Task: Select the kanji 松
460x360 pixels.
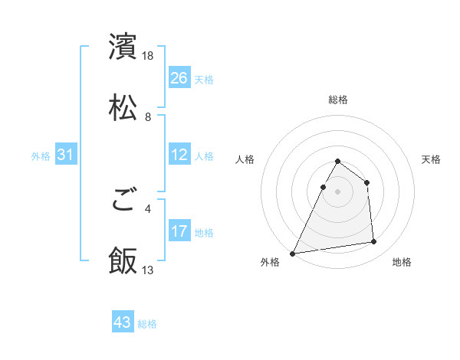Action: click(123, 108)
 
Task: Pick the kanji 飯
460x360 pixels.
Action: click(123, 261)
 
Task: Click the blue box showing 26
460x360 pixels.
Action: click(179, 77)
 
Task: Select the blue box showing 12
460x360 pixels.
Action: click(179, 155)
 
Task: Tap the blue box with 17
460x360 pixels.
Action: click(179, 231)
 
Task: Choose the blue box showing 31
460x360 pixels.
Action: click(65, 155)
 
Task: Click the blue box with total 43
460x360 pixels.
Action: click(123, 322)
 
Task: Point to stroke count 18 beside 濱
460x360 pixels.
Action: click(149, 56)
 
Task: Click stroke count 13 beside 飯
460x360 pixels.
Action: click(149, 270)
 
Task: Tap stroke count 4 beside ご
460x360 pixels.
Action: click(148, 208)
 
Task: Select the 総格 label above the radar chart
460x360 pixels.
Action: click(338, 100)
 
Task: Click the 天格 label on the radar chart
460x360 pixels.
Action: click(431, 159)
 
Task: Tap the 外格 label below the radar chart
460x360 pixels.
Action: click(270, 262)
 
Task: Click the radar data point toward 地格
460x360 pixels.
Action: click(374, 242)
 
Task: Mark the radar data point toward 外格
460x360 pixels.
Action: click(293, 253)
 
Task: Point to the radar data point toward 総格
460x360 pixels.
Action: click(338, 162)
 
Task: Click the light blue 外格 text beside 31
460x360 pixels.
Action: click(41, 155)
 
